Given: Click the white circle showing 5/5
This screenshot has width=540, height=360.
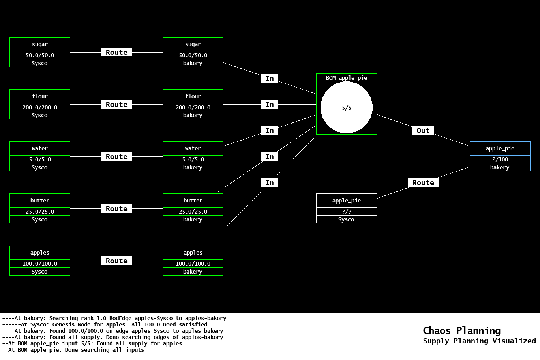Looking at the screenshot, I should (x=346, y=107).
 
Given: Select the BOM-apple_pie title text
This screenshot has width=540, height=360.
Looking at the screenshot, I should (x=346, y=78).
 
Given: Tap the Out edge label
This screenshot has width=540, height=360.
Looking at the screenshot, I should (x=423, y=131).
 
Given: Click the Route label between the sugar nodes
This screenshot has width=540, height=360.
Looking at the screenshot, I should (x=116, y=52).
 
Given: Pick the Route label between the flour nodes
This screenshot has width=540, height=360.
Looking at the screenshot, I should (x=116, y=105).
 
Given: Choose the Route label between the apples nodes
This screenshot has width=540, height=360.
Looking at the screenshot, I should (x=116, y=261).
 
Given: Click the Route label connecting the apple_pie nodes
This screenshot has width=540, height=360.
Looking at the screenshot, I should (x=423, y=183).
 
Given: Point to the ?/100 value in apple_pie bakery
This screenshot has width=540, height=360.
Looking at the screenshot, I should (x=500, y=159).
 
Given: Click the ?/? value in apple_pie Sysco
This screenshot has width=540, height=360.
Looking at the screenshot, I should (x=346, y=212).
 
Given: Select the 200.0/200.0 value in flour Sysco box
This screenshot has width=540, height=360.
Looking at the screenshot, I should (x=40, y=107).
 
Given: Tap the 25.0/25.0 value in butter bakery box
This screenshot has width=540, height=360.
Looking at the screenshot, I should (x=193, y=212).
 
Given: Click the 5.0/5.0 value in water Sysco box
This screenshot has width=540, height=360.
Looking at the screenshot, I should (x=40, y=159).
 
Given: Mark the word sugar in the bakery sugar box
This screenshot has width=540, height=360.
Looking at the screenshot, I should (x=193, y=45).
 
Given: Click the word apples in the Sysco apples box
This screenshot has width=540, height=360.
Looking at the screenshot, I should (x=40, y=253).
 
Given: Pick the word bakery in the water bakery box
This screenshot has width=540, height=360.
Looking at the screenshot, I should (x=193, y=167).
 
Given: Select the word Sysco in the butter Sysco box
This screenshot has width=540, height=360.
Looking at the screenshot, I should (x=40, y=219).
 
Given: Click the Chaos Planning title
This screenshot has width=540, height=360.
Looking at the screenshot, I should (x=461, y=330).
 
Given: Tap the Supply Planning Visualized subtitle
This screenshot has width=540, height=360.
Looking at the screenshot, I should (x=479, y=341).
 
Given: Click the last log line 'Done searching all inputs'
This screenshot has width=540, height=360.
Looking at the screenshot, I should (x=73, y=350).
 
